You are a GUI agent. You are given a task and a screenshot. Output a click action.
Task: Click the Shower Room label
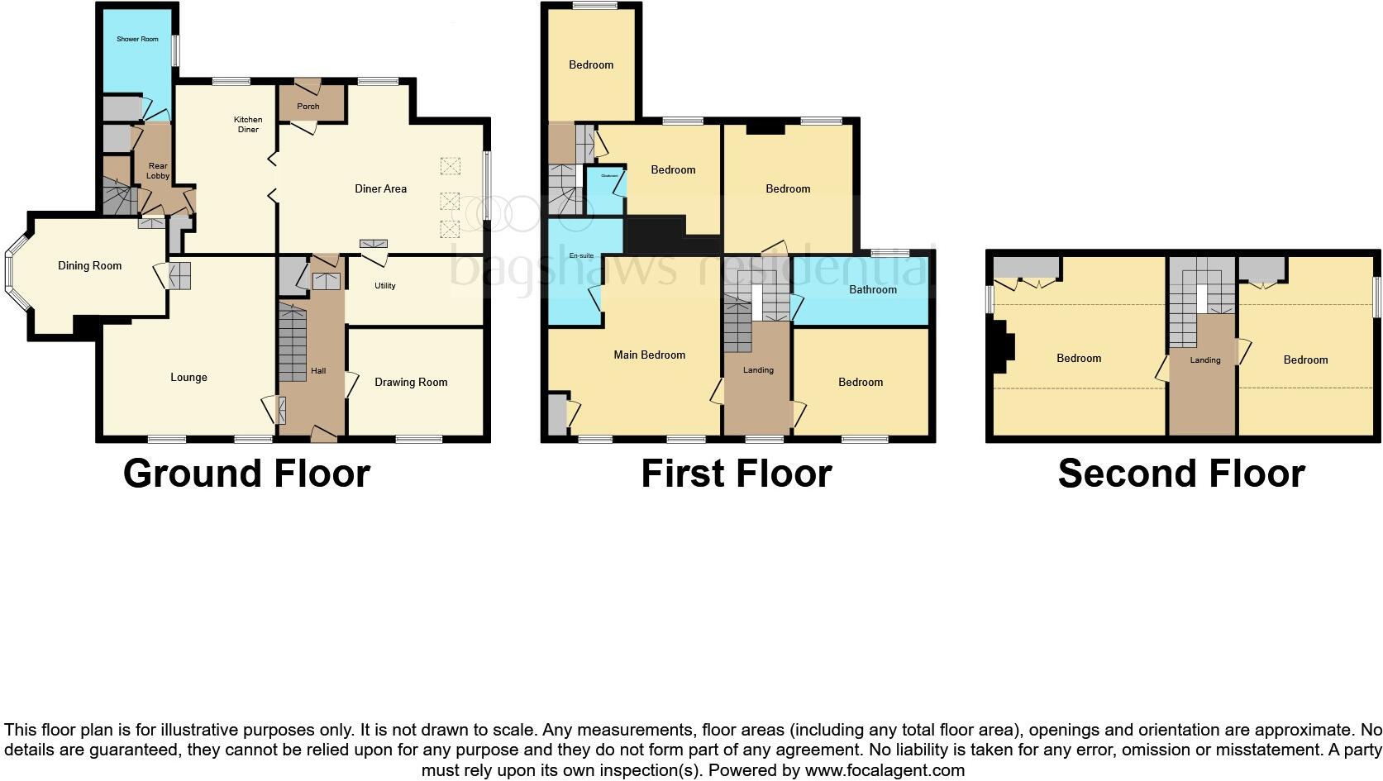click(137, 39)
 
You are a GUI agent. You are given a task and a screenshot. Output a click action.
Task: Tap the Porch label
click(308, 106)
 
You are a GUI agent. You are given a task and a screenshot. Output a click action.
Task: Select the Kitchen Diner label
click(248, 124)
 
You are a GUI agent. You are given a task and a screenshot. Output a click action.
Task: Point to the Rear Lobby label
click(158, 171)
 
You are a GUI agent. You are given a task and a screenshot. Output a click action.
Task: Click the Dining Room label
click(89, 265)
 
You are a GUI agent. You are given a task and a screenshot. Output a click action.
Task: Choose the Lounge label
click(188, 377)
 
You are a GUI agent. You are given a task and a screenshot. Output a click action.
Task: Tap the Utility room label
click(385, 285)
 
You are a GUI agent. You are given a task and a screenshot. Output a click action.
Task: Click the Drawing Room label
click(411, 382)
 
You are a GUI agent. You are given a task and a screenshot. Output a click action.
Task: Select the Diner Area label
click(380, 188)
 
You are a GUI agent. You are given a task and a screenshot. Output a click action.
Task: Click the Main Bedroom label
click(649, 355)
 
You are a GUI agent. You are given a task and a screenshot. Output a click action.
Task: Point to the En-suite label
click(581, 256)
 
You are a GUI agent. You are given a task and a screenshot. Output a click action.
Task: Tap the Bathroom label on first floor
click(873, 289)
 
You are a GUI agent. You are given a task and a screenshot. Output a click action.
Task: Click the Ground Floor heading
click(246, 474)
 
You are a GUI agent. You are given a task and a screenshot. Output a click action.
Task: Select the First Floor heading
click(736, 474)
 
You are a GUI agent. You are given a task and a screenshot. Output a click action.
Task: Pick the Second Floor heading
click(1181, 474)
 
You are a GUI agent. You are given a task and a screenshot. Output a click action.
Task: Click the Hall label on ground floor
click(318, 370)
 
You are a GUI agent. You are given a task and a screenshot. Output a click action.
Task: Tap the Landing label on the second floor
click(1205, 360)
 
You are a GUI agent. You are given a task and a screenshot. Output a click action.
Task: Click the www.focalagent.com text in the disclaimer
click(884, 770)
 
